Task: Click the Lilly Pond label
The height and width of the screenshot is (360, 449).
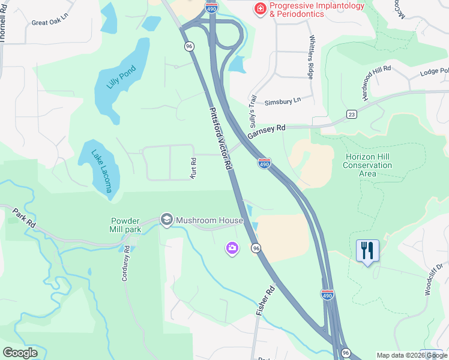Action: [x=122, y=77]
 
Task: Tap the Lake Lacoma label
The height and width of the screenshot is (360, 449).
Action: [x=101, y=170]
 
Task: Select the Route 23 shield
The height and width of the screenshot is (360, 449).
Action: [x=352, y=114]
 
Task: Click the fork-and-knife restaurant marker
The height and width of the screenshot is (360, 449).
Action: [x=367, y=250]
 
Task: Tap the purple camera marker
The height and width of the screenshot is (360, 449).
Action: [x=232, y=247]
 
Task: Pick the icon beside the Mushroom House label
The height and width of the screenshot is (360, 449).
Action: [x=167, y=220]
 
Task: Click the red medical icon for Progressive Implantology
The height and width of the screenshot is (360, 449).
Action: [x=261, y=9]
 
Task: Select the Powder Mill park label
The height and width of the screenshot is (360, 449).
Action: [x=125, y=225]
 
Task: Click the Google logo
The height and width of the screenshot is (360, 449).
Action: [x=20, y=353]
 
